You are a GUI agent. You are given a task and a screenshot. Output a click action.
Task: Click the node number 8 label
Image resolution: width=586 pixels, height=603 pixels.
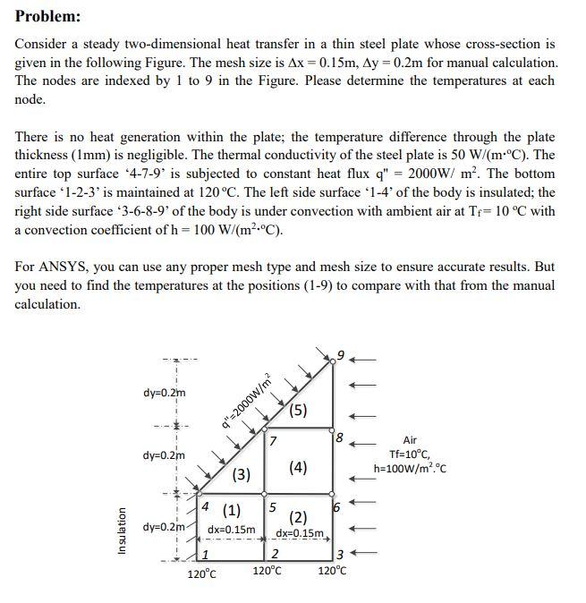338,437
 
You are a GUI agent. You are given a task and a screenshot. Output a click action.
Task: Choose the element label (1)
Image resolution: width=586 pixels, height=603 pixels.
231,511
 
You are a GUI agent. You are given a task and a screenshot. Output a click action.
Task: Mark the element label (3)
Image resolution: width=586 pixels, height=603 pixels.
241,474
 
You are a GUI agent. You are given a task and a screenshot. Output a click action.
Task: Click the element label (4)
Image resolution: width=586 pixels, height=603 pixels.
299,467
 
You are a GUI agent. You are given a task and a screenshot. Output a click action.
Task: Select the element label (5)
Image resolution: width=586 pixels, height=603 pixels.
299,411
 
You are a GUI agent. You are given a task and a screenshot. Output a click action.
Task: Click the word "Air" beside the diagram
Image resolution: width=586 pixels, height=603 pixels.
410,440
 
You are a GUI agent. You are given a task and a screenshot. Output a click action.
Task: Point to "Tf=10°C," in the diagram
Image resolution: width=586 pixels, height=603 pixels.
410,454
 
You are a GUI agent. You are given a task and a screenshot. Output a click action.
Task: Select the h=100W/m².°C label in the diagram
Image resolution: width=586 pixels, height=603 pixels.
410,468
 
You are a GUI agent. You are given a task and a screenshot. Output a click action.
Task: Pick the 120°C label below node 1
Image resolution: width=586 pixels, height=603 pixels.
201,573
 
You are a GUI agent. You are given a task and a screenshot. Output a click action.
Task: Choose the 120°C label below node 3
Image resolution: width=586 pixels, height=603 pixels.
333,570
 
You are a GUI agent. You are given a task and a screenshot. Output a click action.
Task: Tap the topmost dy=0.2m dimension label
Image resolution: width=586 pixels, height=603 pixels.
165,393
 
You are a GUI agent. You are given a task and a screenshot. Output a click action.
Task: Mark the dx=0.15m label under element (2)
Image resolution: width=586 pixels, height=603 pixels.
300,534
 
